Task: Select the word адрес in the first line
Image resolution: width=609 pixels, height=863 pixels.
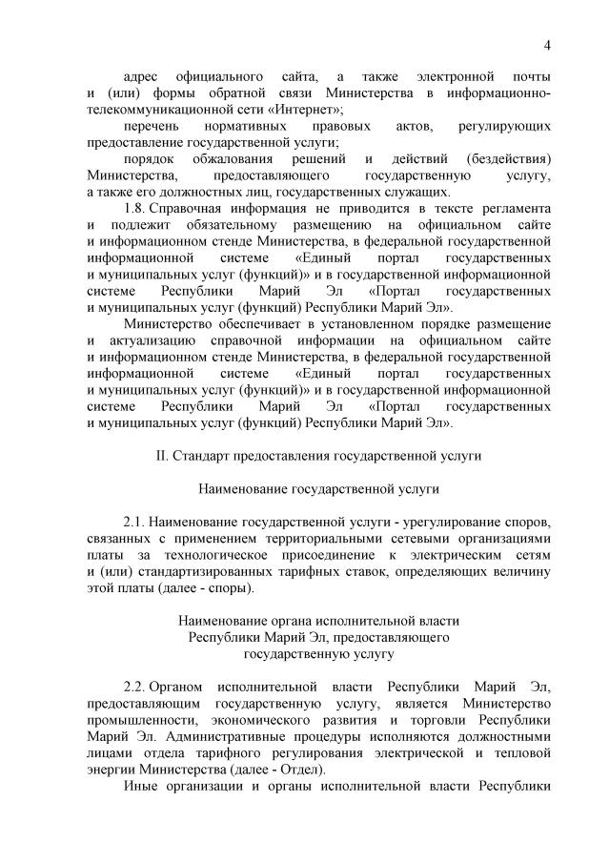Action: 144,75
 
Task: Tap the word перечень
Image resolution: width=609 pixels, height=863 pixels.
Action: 151,127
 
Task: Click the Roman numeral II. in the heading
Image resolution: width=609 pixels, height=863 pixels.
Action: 161,456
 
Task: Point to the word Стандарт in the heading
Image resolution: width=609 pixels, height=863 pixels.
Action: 202,456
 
